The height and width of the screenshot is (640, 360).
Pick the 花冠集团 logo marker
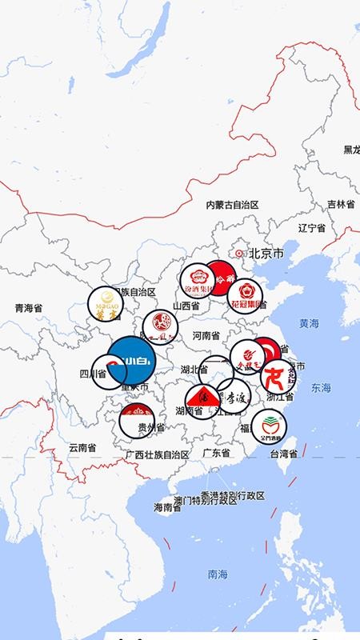[x=246, y=294]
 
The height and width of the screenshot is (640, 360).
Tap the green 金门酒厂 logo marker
[x=269, y=426]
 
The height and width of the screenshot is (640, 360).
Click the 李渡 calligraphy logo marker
[x=233, y=396]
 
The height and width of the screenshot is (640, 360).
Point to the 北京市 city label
[x=266, y=254]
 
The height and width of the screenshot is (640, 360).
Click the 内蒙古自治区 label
[x=233, y=205]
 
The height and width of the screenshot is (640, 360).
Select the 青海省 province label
[x=29, y=307]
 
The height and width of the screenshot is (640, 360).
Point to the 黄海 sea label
[x=310, y=323]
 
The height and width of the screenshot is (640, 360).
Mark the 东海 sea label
[x=321, y=387]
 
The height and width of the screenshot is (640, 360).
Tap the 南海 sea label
[x=217, y=574]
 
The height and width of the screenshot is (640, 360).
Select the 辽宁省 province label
[x=311, y=228]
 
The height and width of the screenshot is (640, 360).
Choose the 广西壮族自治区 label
[x=158, y=454]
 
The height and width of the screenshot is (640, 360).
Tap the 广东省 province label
[x=216, y=453]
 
